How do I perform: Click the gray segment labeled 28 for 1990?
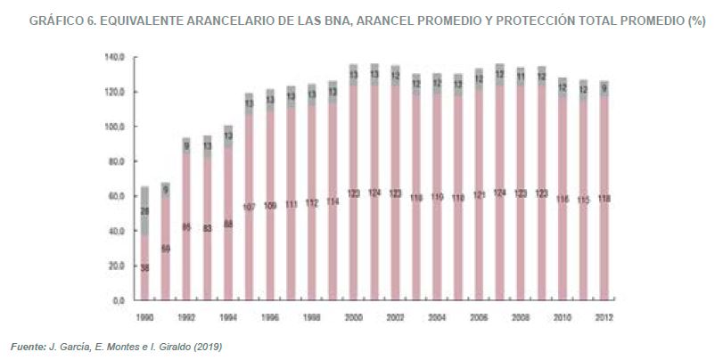click(x=144, y=210)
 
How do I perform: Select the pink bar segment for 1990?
click(x=144, y=267)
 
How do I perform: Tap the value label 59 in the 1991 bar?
click(x=165, y=249)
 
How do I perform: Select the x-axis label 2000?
click(x=352, y=316)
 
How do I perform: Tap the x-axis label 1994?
click(x=227, y=316)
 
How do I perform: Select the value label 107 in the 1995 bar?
click(x=249, y=207)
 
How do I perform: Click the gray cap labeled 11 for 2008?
click(x=519, y=77)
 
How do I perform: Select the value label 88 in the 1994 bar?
click(x=227, y=224)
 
